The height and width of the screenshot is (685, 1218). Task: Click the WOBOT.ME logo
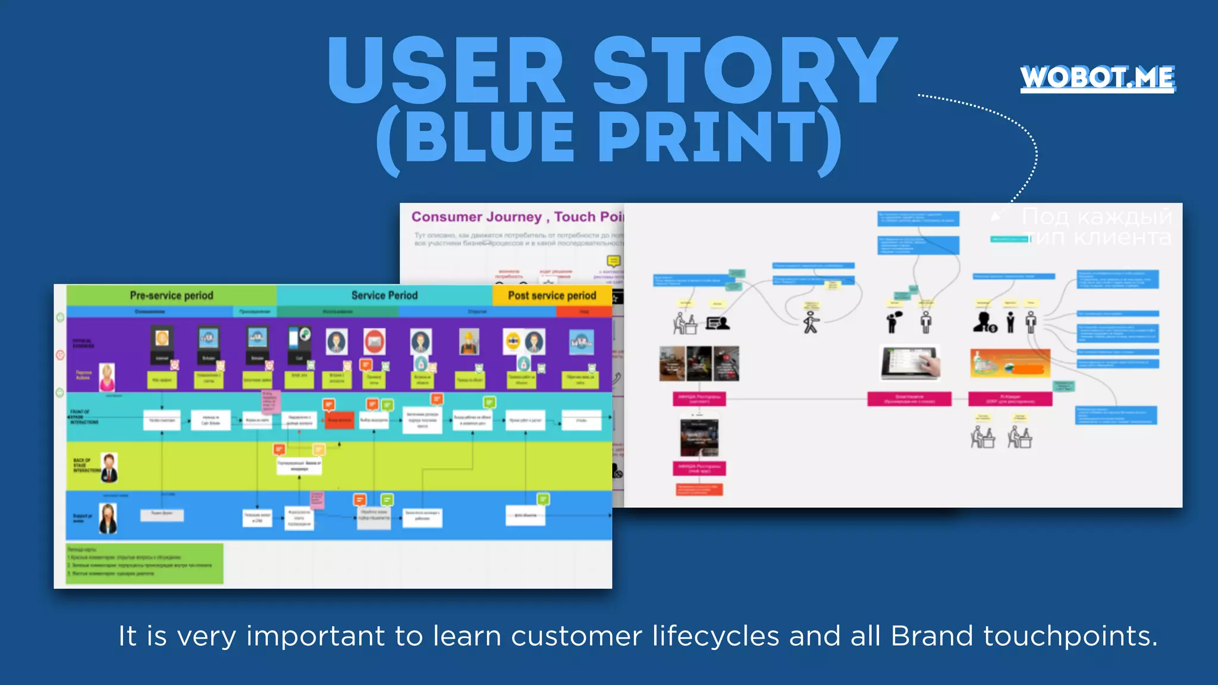pos(1097,78)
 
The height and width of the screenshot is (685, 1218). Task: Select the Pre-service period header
pos(171,296)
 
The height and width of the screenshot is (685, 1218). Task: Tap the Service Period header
pos(384,296)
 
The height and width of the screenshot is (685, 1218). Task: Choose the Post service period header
pos(552,296)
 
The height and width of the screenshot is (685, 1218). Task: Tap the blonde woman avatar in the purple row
pos(107,377)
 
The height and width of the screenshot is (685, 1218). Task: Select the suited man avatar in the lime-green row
pos(109,467)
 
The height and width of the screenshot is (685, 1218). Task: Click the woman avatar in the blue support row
pos(108,518)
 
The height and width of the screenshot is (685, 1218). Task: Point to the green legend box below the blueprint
pos(145,563)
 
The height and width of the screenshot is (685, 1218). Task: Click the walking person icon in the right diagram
pos(811,323)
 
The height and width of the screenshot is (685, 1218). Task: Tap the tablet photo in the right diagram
pos(910,362)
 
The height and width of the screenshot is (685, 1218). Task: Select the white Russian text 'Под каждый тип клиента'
pos(1097,227)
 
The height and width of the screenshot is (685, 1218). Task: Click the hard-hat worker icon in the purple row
pos(469,342)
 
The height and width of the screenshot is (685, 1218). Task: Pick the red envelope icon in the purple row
pos(374,341)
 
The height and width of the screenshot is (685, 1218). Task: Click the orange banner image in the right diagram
pos(1010,363)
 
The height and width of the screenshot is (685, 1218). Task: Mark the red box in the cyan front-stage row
pos(340,420)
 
